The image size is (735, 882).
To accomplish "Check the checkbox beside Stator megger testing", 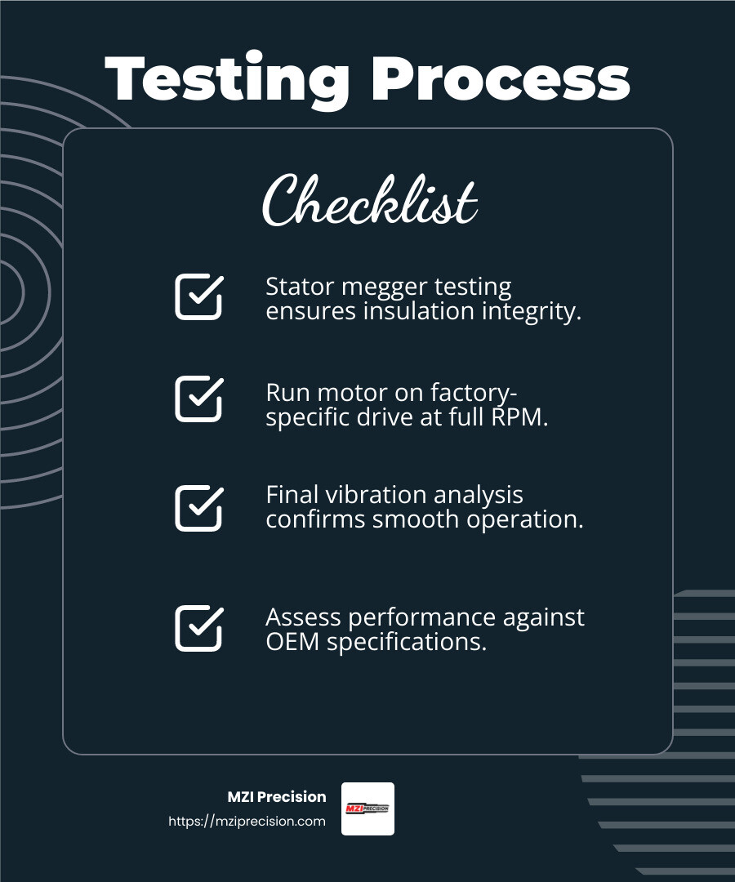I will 198,296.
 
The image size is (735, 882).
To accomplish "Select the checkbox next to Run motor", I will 198,399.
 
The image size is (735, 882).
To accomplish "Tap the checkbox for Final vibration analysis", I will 198,508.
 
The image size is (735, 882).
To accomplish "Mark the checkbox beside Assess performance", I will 198,628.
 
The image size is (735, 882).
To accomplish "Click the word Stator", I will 296,287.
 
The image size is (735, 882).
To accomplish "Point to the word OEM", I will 293,642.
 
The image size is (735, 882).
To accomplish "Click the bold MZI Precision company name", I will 277,797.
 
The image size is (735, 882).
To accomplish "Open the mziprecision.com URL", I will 247,822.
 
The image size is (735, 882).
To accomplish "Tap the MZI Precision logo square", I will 367,808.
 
